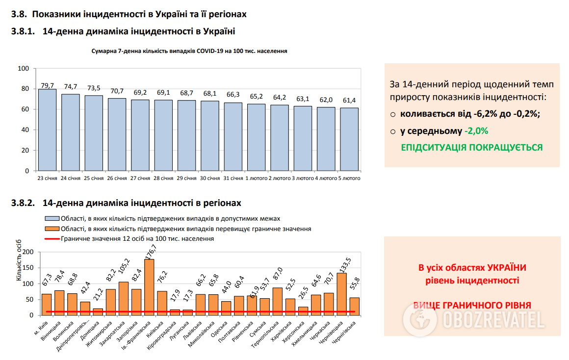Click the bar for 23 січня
[x=48, y=130]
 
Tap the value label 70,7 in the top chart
[x=117, y=91]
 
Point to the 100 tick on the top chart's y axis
[x=24, y=69]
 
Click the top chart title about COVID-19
[x=189, y=51]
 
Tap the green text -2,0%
[x=476, y=131]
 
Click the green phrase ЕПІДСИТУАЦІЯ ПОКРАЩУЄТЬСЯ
[x=472, y=148]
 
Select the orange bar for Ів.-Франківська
[x=149, y=287]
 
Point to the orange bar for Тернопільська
[x=278, y=301]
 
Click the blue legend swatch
[x=52, y=218]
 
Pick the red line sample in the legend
[x=52, y=239]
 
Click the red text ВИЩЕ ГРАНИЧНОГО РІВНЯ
[x=472, y=305]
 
